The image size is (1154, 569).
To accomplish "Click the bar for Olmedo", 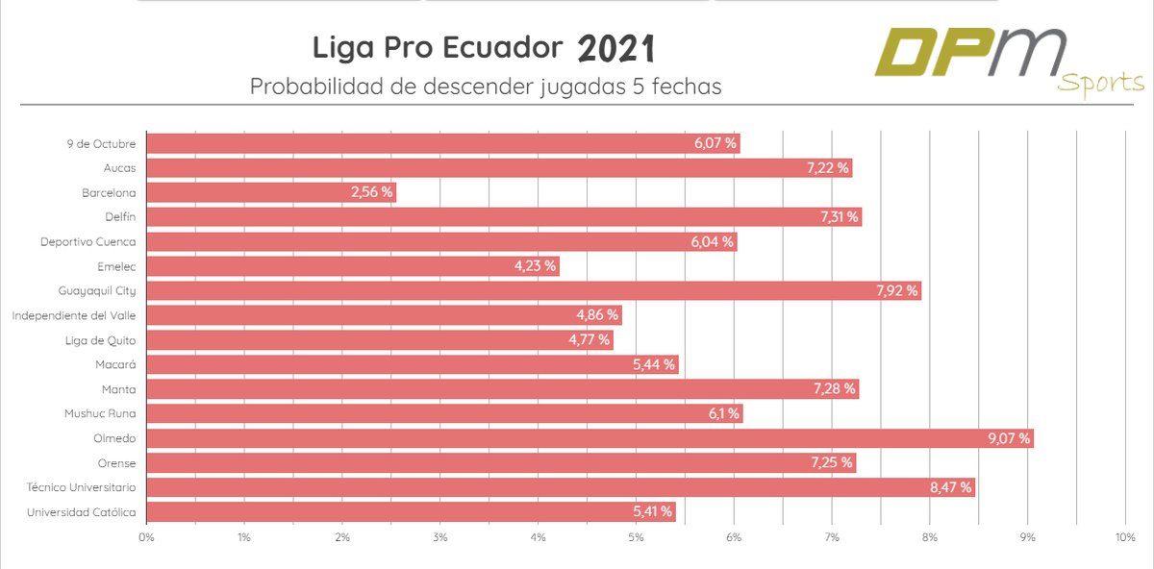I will [590, 438].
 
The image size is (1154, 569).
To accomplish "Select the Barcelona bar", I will [271, 192].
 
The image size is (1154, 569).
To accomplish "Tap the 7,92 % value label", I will [897, 290].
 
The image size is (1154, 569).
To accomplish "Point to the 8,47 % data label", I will [951, 487].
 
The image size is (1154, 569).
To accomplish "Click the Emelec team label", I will [116, 266].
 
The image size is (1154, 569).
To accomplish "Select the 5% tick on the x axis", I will [636, 538].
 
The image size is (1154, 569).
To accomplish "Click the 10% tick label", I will [1125, 538].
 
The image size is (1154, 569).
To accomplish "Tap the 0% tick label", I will [146, 538].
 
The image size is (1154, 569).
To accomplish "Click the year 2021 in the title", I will [616, 48].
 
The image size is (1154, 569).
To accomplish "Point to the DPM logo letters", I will [971, 53].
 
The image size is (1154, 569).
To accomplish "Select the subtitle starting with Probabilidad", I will [486, 86].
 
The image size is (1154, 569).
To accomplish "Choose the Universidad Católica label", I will [82, 512].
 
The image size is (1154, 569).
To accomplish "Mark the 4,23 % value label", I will [535, 266].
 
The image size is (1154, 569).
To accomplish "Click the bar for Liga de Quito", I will [379, 340].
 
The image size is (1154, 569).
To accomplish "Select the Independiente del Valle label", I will [74, 315].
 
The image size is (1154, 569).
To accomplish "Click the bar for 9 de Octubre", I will [442, 143].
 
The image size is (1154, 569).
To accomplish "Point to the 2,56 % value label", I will [371, 192].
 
